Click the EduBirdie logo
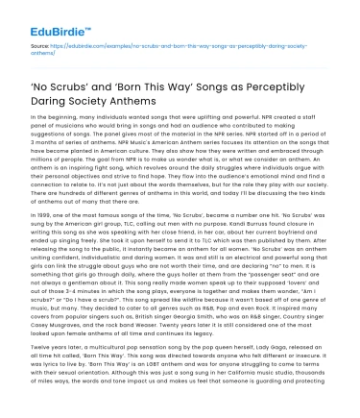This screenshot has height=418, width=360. (37, 15)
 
